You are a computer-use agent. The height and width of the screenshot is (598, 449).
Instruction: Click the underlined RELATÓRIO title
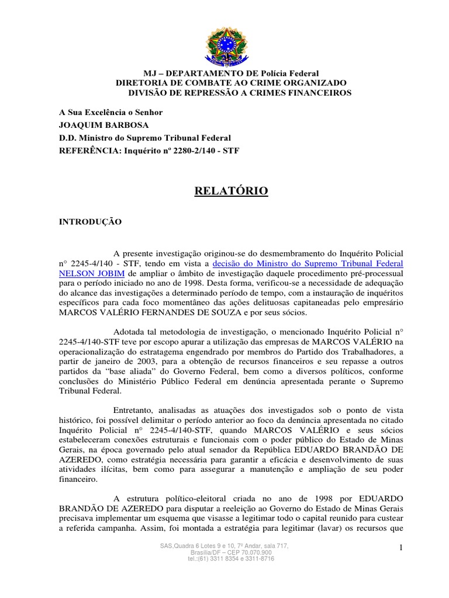coord(231,192)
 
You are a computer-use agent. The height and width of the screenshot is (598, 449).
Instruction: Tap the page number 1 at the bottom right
coord(402,547)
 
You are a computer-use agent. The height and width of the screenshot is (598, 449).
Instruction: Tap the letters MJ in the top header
coord(151,74)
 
